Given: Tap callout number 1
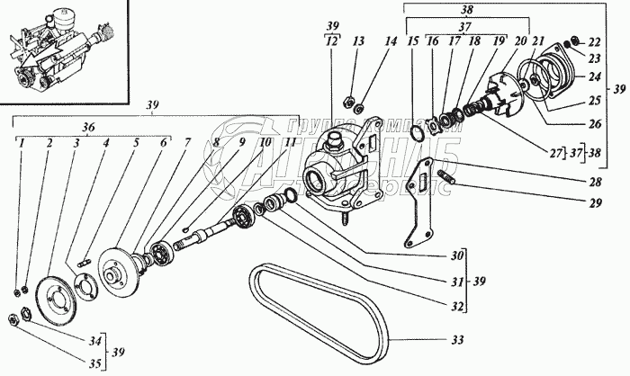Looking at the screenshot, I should [x=20, y=141].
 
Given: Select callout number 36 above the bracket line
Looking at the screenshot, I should [x=88, y=128].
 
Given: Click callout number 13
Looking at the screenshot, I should [x=358, y=40].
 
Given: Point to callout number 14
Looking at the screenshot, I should [x=389, y=40].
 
